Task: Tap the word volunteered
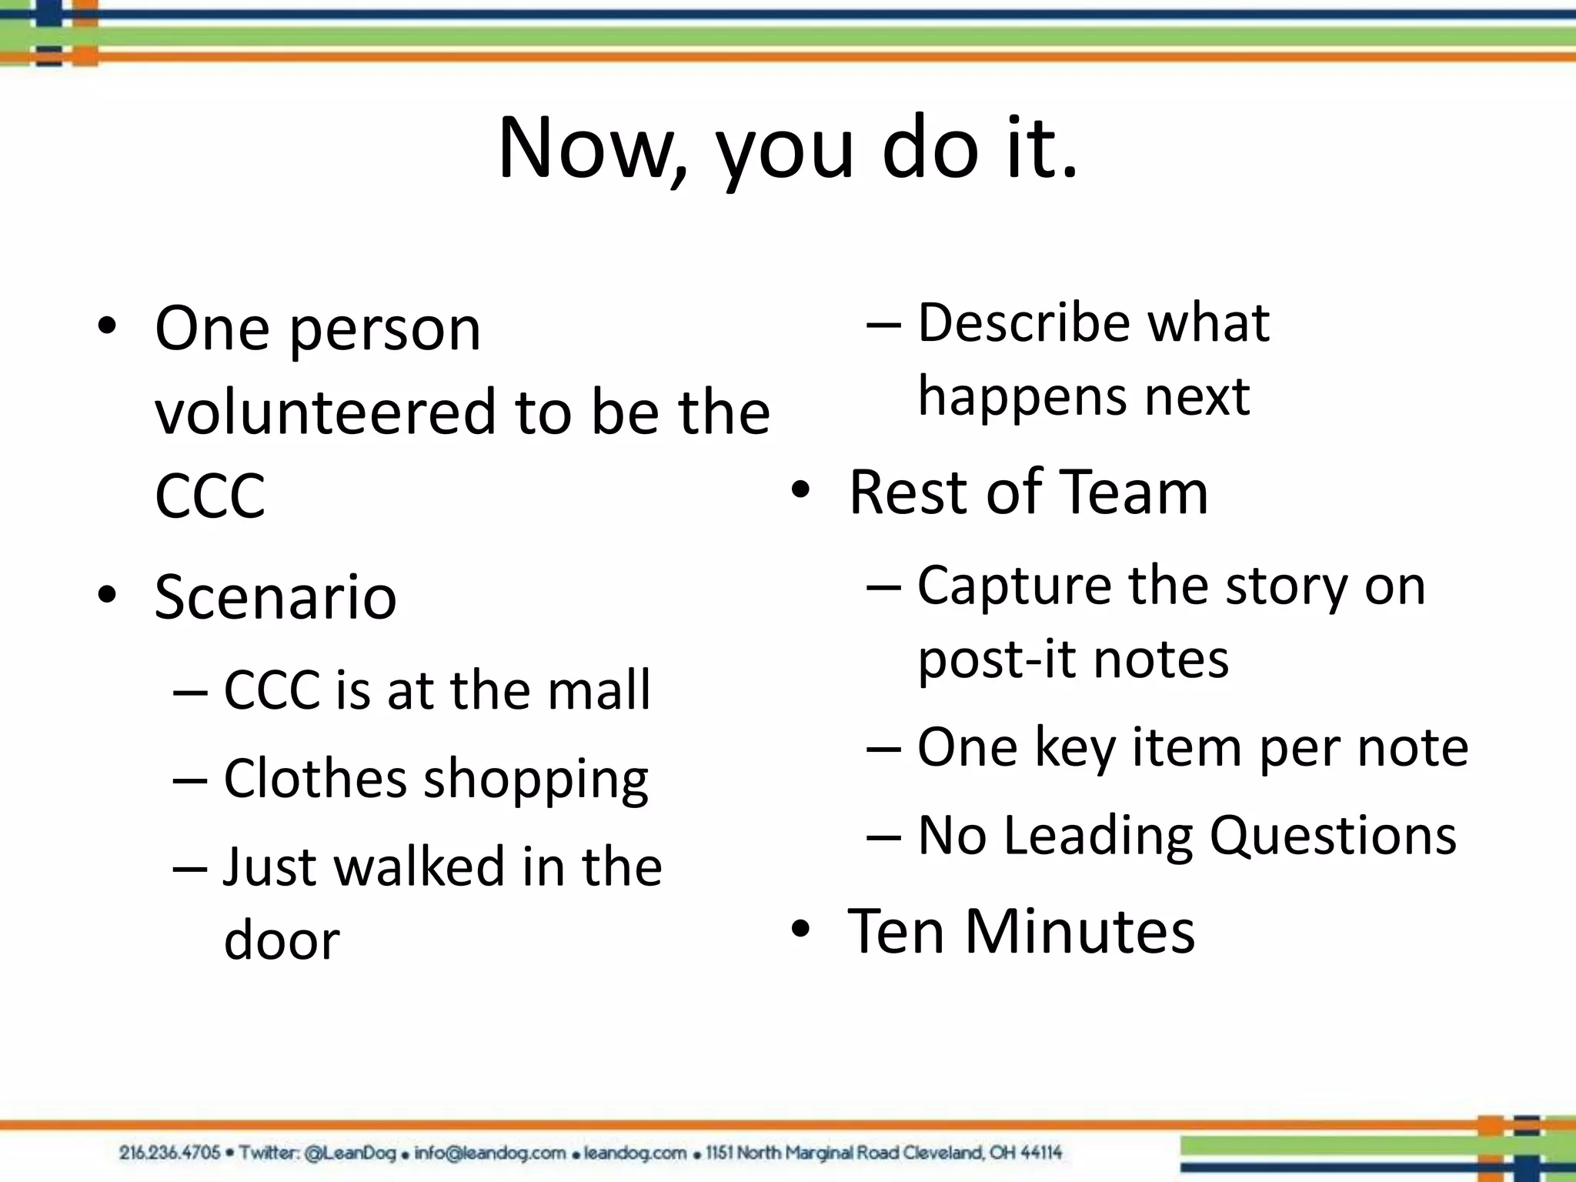coord(326,412)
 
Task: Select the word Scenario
coord(275,596)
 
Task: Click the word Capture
coord(1014,585)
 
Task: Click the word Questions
coord(1333,835)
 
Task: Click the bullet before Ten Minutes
coord(800,930)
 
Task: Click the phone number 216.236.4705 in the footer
coord(169,1153)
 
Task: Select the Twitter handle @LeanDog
coord(350,1153)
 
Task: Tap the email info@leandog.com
coord(490,1153)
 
